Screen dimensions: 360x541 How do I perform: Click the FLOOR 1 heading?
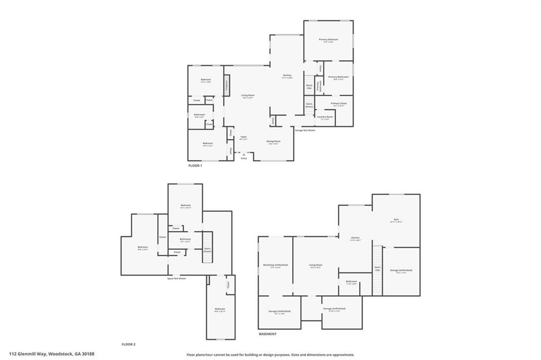click(x=195, y=166)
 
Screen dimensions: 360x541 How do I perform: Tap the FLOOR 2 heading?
click(x=129, y=344)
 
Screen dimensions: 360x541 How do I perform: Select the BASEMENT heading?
click(x=268, y=334)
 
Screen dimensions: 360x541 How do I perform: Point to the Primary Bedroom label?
click(x=328, y=40)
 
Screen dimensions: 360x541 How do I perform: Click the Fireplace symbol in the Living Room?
click(x=226, y=86)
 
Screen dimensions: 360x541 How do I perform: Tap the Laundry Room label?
click(x=325, y=117)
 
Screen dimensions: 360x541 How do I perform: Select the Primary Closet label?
click(x=339, y=103)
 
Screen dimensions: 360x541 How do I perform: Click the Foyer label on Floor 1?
click(x=244, y=137)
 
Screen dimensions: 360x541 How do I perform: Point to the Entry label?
click(x=244, y=158)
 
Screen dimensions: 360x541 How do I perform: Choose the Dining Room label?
click(x=273, y=141)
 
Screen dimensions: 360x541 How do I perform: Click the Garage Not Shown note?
click(x=305, y=130)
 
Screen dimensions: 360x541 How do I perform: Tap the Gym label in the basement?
click(x=396, y=219)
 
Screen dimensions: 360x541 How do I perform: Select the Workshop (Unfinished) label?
click(x=275, y=265)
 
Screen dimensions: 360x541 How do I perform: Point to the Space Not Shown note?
click(x=176, y=278)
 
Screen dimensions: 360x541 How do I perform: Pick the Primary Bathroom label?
click(x=338, y=77)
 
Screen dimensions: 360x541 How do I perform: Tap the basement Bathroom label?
click(x=351, y=281)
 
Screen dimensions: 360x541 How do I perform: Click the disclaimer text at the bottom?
click(x=270, y=355)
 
